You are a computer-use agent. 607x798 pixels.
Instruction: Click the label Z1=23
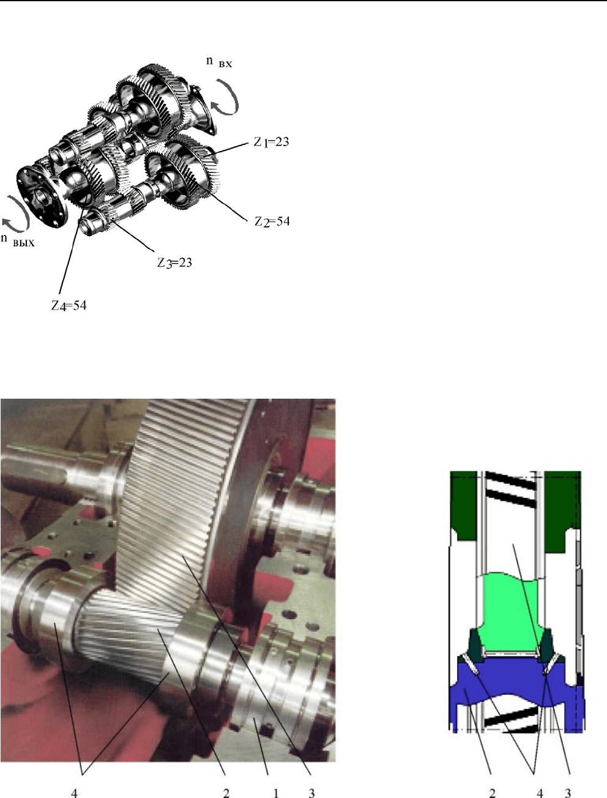(x=271, y=142)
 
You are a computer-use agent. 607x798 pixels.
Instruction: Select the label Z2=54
(x=272, y=221)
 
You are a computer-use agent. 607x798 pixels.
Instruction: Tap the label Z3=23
(x=174, y=262)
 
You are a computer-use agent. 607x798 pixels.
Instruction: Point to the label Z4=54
(x=69, y=306)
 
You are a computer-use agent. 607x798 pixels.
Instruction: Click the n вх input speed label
(x=219, y=62)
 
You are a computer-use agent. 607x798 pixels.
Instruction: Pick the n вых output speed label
(x=18, y=240)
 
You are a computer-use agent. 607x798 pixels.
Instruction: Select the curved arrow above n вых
(x=16, y=214)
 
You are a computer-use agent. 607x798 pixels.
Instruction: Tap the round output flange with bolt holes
(x=43, y=197)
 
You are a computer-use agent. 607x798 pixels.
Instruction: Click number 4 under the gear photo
(x=74, y=791)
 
